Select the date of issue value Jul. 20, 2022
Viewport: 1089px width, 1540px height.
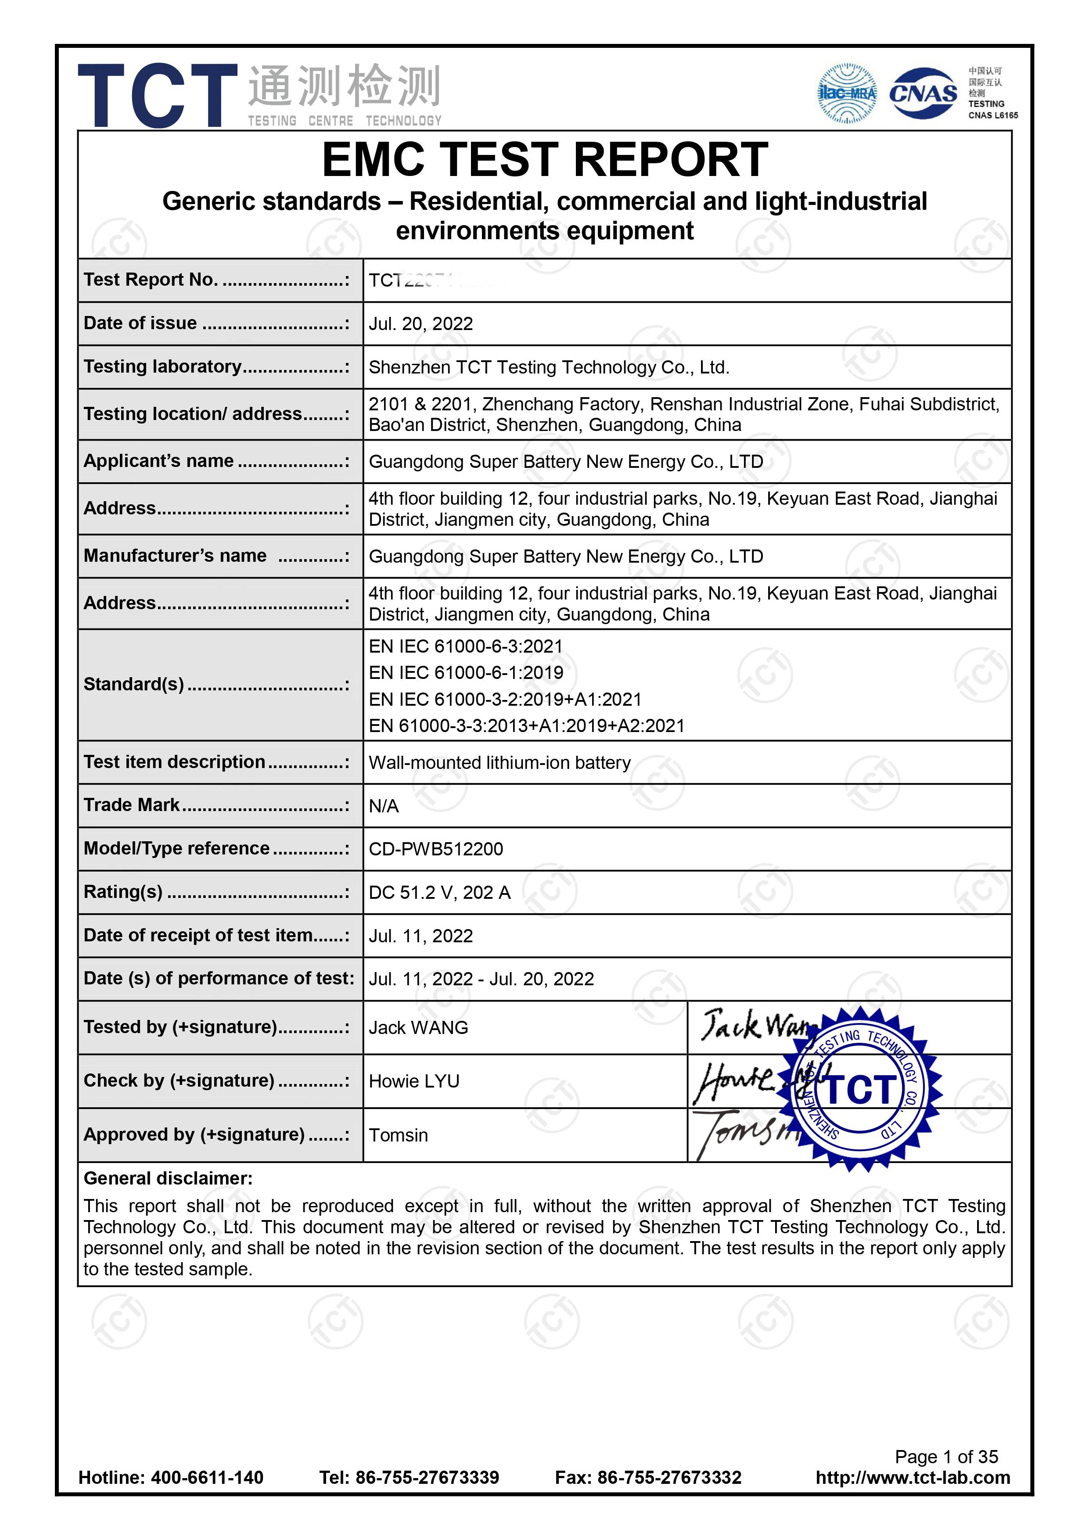421,324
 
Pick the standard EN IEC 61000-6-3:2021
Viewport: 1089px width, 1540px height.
466,646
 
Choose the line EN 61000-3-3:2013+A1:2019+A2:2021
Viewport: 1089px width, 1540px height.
527,726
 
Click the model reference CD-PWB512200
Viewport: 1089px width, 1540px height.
435,849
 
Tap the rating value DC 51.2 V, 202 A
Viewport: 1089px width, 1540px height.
439,893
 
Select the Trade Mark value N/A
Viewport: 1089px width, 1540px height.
384,806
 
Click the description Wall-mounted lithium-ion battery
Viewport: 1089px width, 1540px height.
500,763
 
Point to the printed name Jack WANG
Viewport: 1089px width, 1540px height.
418,1027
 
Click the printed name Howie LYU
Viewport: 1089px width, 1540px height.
414,1081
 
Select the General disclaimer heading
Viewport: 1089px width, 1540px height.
168,1178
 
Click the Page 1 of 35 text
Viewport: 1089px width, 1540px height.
946,1457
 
